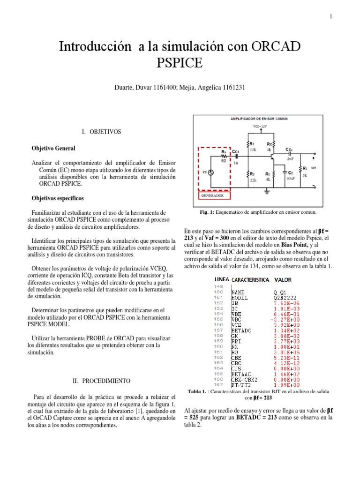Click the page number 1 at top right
pyautogui.click(x=330, y=17)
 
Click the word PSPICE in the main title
pyautogui.click(x=180, y=62)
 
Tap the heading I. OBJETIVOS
pyautogui.click(x=101, y=132)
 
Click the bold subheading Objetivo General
pyautogui.click(x=53, y=148)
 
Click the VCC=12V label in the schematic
pyautogui.click(x=262, y=127)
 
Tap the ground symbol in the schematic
pyautogui.click(x=266, y=190)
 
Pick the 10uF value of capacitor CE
pyautogui.click(x=291, y=179)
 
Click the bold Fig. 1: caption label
pyautogui.click(x=207, y=212)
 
